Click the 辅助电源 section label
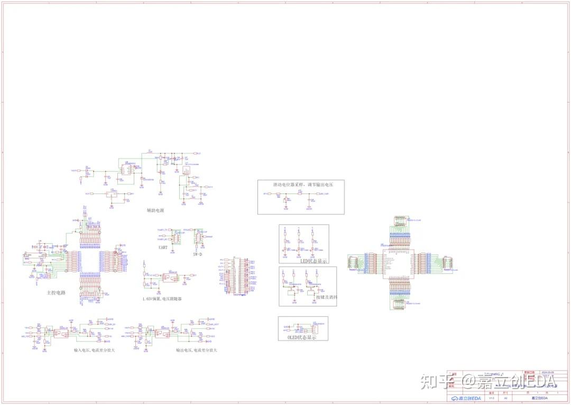[155, 210]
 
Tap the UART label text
[163, 247]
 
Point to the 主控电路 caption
[56, 292]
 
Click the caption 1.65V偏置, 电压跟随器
[162, 299]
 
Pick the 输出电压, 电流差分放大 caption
[197, 350]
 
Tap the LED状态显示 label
[314, 261]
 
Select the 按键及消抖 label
[326, 298]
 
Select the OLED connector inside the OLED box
[316, 329]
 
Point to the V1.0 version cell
[491, 398]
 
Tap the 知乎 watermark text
[436, 381]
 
